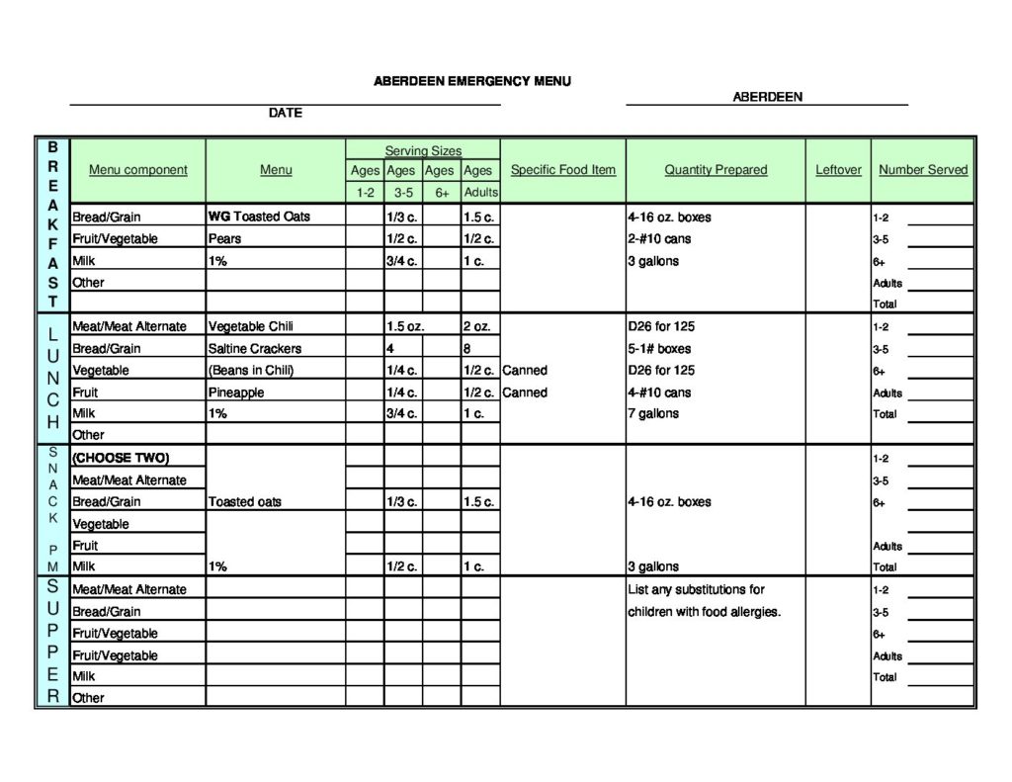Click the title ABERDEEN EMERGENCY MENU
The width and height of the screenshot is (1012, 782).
point(471,81)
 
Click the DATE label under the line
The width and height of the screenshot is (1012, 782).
point(285,114)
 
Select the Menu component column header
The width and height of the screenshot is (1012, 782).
point(137,170)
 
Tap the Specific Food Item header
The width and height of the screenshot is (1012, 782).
point(562,170)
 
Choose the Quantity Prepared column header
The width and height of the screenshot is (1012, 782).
point(716,170)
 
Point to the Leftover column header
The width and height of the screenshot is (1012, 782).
point(838,170)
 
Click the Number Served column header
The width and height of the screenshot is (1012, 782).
point(923,170)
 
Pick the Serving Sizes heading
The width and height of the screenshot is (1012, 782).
point(422,150)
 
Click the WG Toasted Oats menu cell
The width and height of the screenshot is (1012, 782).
point(259,217)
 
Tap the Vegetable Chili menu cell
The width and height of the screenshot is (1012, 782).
point(250,326)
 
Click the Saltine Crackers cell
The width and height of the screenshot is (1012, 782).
point(255,349)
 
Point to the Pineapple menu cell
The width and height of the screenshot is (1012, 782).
point(236,392)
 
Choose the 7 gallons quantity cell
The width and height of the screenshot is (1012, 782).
point(653,413)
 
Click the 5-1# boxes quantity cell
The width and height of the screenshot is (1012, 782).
point(659,349)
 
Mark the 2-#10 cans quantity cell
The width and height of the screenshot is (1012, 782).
point(659,239)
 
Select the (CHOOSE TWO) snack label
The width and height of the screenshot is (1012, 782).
point(121,458)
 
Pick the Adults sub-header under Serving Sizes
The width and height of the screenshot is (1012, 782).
point(480,192)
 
